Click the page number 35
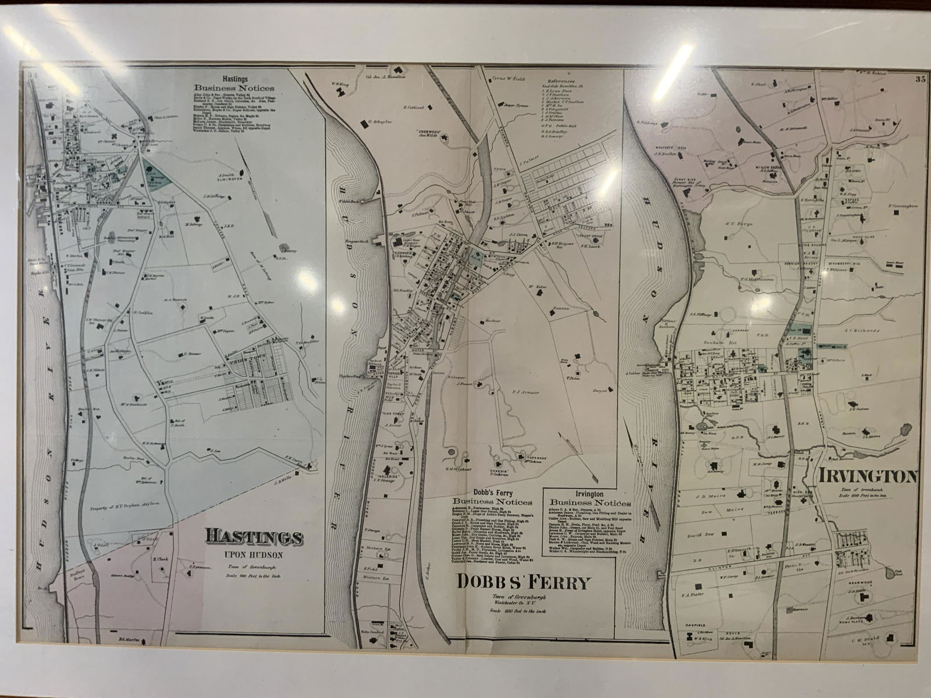[920, 80]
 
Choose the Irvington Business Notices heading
[590, 498]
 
